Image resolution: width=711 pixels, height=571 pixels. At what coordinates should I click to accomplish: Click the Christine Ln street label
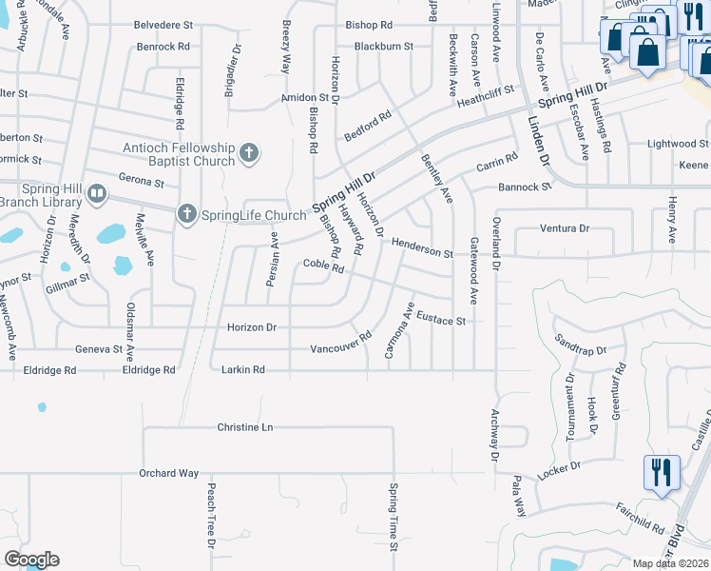pos(245,427)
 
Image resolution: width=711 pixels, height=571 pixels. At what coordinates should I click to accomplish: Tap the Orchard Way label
pos(169,473)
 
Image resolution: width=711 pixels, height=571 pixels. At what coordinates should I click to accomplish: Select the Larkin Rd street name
pos(243,369)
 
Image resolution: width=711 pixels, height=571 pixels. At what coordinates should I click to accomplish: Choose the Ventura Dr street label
pos(565,228)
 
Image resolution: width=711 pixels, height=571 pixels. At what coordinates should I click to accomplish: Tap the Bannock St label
pos(525,187)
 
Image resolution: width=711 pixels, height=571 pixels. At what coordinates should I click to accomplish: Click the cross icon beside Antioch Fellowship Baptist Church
pos(249,152)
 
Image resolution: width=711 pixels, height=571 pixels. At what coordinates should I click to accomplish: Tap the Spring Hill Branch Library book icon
pos(96,195)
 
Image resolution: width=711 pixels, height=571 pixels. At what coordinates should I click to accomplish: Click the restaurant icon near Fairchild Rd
pos(658,472)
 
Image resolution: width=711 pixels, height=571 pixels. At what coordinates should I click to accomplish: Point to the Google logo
pos(31,560)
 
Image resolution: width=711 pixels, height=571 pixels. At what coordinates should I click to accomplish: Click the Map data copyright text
pos(671,563)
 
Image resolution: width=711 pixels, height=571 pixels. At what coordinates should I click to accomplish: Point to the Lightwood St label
pos(678,144)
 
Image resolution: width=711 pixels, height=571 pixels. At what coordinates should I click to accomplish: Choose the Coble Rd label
pos(323,266)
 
